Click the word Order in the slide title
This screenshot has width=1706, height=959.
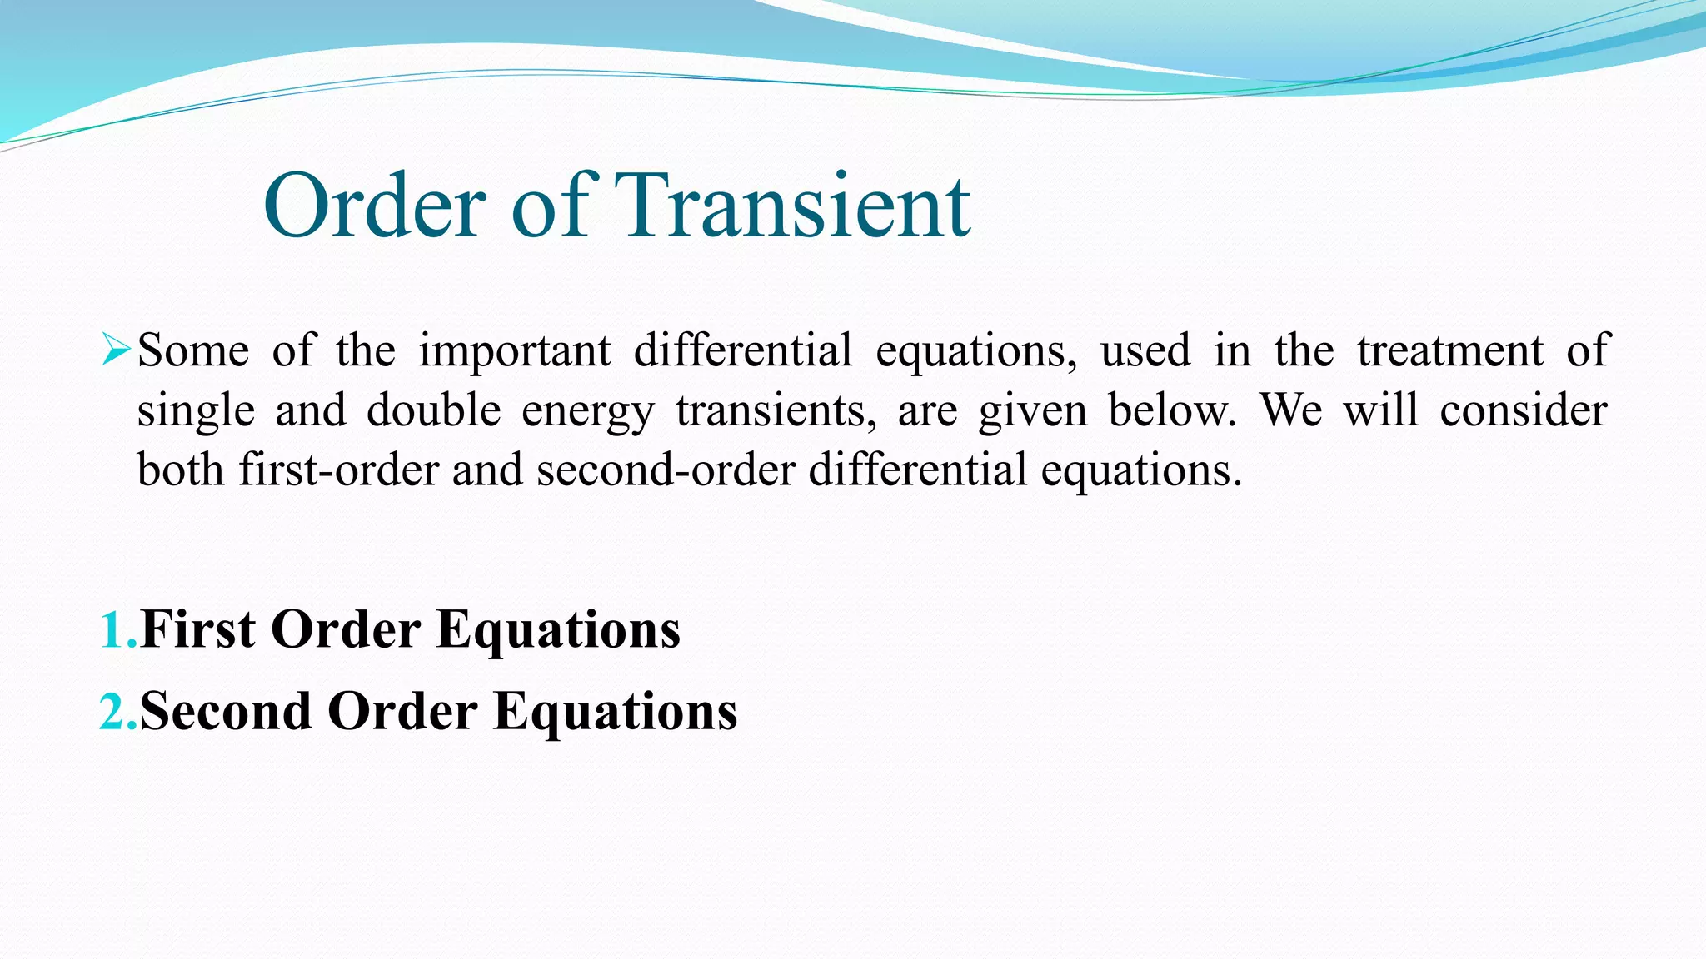click(375, 206)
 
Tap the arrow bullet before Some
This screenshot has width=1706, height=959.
click(114, 350)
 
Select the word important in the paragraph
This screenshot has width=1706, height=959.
click(514, 350)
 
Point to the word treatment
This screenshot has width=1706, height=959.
click(1450, 350)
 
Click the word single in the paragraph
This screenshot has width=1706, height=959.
click(196, 410)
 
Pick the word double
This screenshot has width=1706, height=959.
click(433, 410)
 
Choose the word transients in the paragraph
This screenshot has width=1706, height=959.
click(775, 410)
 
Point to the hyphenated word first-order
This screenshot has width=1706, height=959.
click(338, 470)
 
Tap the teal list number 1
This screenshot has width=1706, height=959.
click(112, 630)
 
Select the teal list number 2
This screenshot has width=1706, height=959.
click(112, 712)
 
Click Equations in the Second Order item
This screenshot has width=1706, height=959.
click(615, 713)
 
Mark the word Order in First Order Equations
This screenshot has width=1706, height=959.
click(346, 629)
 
